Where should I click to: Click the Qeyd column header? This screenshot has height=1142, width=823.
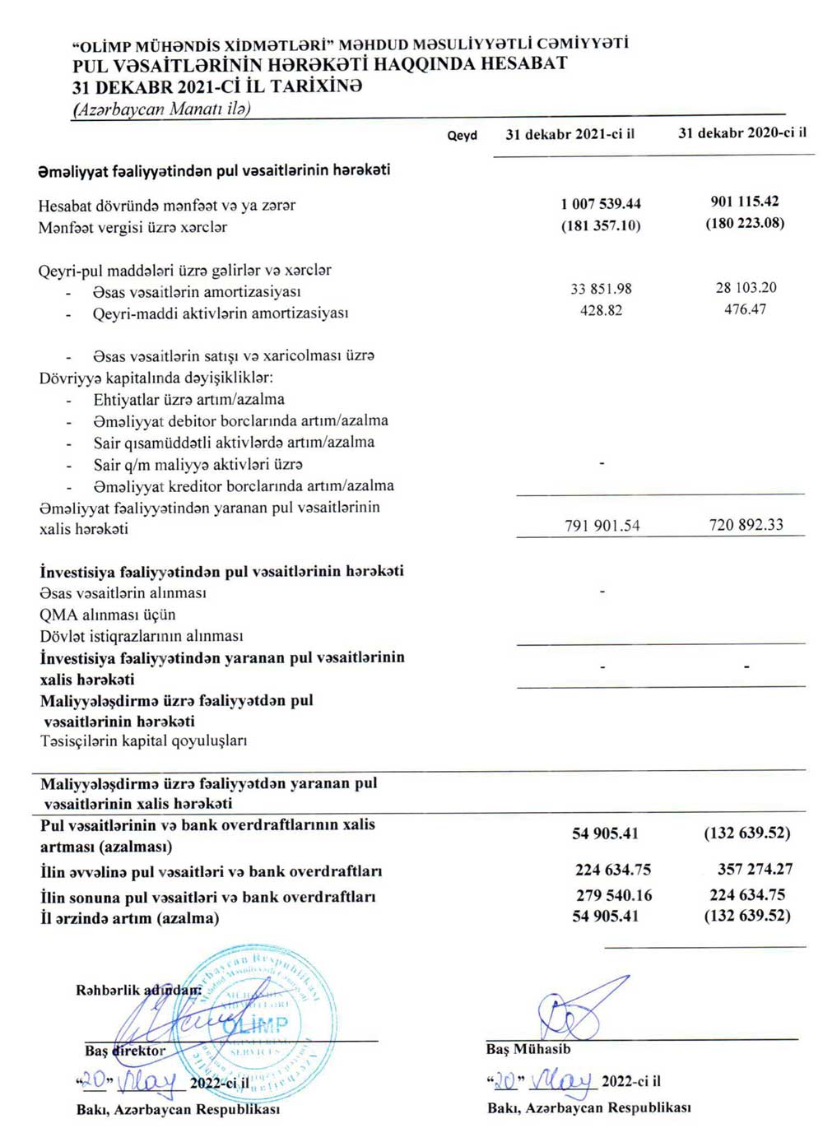[x=462, y=136]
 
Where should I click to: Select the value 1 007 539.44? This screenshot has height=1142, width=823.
[x=601, y=204]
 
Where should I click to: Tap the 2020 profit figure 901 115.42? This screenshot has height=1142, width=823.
[x=745, y=202]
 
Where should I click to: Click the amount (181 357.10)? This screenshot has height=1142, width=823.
[x=601, y=225]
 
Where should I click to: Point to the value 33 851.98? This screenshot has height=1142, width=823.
[x=601, y=289]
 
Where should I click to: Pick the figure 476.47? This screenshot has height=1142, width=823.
[x=745, y=309]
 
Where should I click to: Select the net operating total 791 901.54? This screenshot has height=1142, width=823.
[x=602, y=526]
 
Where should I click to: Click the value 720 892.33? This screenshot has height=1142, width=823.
[x=746, y=525]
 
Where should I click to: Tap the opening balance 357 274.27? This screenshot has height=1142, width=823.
[x=755, y=869]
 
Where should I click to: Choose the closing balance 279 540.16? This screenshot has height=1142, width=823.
[x=613, y=895]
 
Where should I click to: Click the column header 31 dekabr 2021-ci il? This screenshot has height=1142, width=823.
[x=570, y=134]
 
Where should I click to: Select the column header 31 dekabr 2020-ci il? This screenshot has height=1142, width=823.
[x=742, y=132]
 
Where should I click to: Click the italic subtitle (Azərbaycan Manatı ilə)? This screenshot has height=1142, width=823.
[x=161, y=109]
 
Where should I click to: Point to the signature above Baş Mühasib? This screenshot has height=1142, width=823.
[x=580, y=1008]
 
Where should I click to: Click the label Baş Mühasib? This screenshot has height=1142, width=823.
[x=528, y=1049]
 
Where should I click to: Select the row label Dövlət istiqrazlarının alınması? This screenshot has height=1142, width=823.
[x=142, y=636]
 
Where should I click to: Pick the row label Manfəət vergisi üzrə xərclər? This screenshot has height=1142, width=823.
[x=133, y=227]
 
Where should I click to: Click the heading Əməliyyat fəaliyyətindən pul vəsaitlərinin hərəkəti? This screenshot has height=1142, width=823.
[x=214, y=170]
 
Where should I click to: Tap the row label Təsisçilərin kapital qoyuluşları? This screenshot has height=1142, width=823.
[x=144, y=740]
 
